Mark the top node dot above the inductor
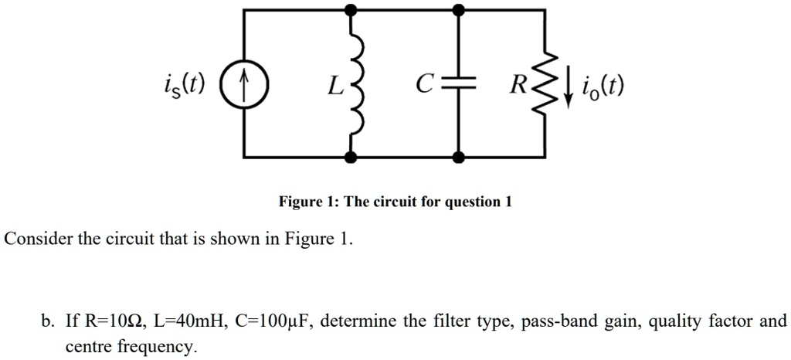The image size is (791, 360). [351, 10]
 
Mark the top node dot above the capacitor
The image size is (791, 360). [459, 10]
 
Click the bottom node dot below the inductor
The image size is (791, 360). [351, 158]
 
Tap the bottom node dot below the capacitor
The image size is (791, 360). [459, 158]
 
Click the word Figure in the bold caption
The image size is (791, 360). [300, 202]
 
